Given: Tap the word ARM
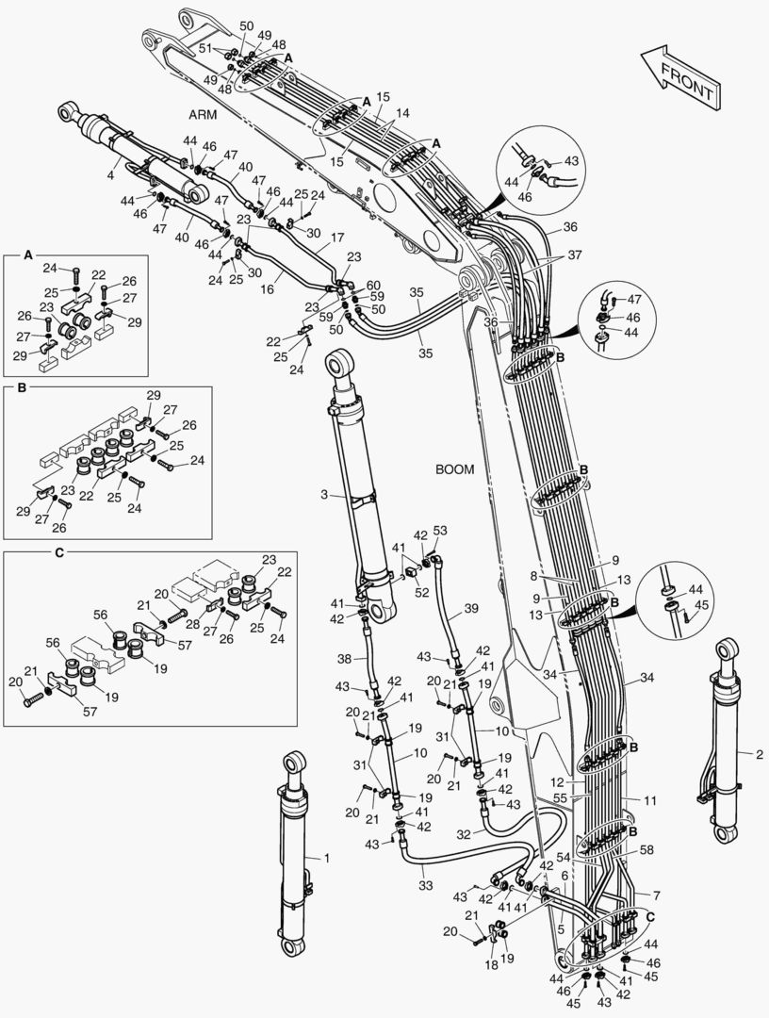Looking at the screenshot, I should coord(203,114).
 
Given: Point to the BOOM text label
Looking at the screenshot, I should coord(455,468).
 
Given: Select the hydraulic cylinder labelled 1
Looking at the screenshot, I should coord(295,853).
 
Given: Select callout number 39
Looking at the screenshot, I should coord(471,609).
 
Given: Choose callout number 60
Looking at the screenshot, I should coord(374,285).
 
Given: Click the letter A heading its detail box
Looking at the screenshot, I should coord(27,255).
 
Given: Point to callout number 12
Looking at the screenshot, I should coord(556,782).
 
